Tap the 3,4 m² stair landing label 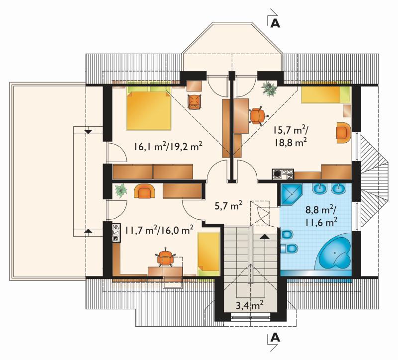coord(249,305)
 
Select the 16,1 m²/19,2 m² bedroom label coord(168,147)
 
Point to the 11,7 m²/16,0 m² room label coord(159,230)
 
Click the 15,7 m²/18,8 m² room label coord(291,137)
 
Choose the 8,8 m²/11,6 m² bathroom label coord(321,216)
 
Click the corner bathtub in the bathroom coord(333,253)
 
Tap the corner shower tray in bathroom coord(292,194)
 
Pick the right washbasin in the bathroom coord(339,189)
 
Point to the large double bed coord(149,108)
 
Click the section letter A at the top coord(276,23)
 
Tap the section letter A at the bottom coord(276,338)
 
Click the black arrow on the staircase coord(264,237)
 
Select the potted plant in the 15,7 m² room coord(269,89)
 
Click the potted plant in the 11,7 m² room coord(120,190)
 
